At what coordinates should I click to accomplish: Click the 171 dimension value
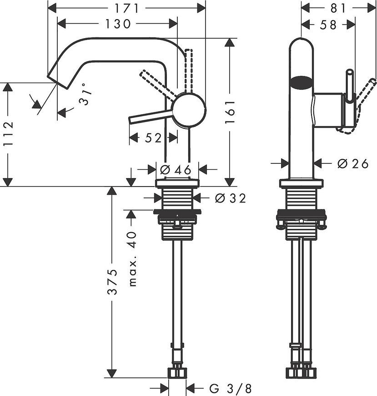(x=127, y=8)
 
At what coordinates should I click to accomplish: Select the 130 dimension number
(x=118, y=24)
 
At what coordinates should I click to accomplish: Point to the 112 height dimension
(x=8, y=134)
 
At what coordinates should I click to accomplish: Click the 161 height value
(x=230, y=112)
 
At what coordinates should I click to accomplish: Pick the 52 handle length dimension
(x=153, y=138)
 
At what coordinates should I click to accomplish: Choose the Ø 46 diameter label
(x=176, y=169)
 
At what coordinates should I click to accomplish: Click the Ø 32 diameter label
(x=230, y=198)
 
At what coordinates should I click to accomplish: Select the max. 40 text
(x=132, y=259)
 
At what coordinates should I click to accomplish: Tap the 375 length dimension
(x=112, y=282)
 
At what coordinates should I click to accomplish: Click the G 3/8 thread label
(x=230, y=389)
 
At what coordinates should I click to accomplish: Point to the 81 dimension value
(x=337, y=8)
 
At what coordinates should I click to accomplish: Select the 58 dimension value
(x=328, y=25)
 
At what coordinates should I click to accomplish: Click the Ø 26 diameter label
(x=353, y=164)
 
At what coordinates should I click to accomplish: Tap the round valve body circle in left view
(x=189, y=110)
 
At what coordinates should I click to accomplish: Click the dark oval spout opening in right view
(x=301, y=82)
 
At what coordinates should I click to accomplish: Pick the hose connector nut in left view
(x=177, y=373)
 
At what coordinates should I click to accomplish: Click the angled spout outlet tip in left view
(x=57, y=82)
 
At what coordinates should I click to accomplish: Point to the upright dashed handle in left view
(x=189, y=71)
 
